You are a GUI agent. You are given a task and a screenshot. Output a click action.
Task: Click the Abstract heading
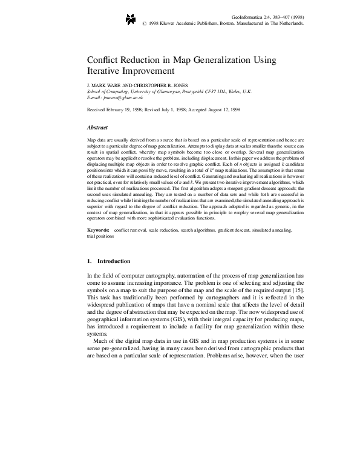click(98, 128)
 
